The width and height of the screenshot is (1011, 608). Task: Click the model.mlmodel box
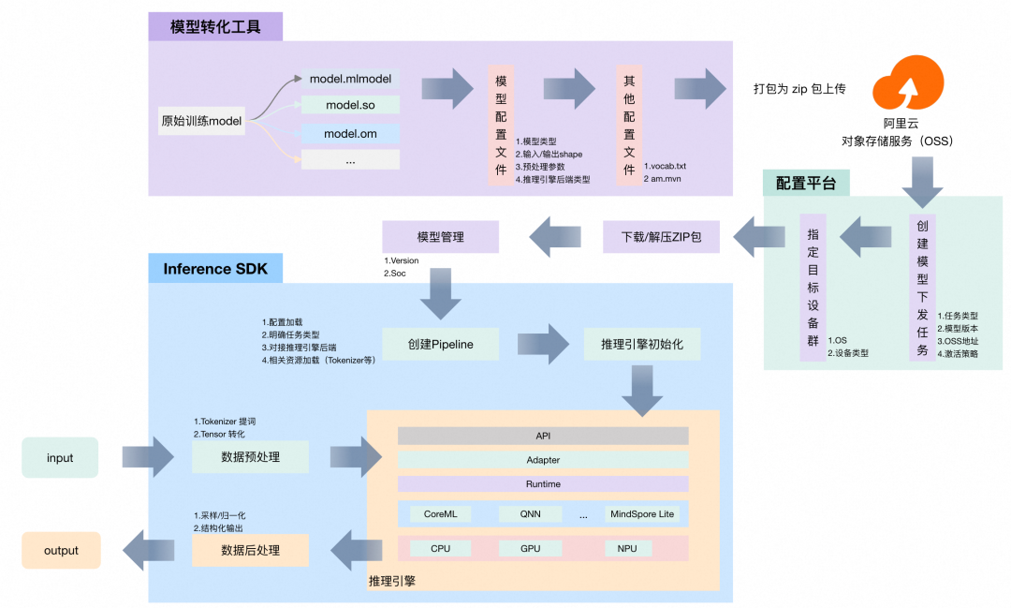click(350, 79)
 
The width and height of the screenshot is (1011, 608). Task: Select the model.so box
click(350, 105)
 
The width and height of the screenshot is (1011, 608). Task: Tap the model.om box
click(350, 134)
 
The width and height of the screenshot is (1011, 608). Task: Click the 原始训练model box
click(201, 121)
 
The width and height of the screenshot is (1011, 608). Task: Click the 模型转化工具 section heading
click(215, 26)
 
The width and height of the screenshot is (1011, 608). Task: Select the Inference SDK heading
click(215, 269)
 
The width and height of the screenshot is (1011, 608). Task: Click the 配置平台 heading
click(806, 183)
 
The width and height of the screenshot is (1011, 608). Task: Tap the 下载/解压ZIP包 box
click(661, 236)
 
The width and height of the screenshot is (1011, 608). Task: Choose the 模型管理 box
click(440, 236)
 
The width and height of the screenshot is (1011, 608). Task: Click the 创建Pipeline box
click(440, 344)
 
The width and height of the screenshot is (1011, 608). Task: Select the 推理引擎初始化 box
click(642, 344)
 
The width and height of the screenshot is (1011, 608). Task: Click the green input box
click(60, 458)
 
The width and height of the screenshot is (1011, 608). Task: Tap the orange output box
click(61, 550)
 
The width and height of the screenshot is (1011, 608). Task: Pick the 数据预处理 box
click(250, 457)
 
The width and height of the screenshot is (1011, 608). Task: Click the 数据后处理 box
click(250, 550)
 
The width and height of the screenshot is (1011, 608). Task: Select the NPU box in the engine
click(627, 548)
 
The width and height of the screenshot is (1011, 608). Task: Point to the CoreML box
click(440, 513)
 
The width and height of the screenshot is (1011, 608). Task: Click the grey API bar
click(543, 436)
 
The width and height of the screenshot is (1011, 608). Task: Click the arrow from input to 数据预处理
click(148, 457)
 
